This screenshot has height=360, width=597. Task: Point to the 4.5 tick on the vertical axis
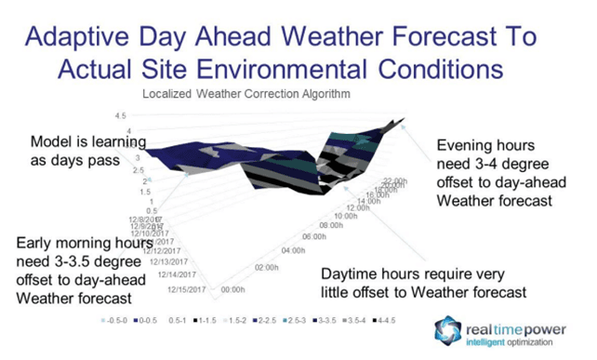pos(120,115)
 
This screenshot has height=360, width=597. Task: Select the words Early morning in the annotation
pos(67,244)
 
